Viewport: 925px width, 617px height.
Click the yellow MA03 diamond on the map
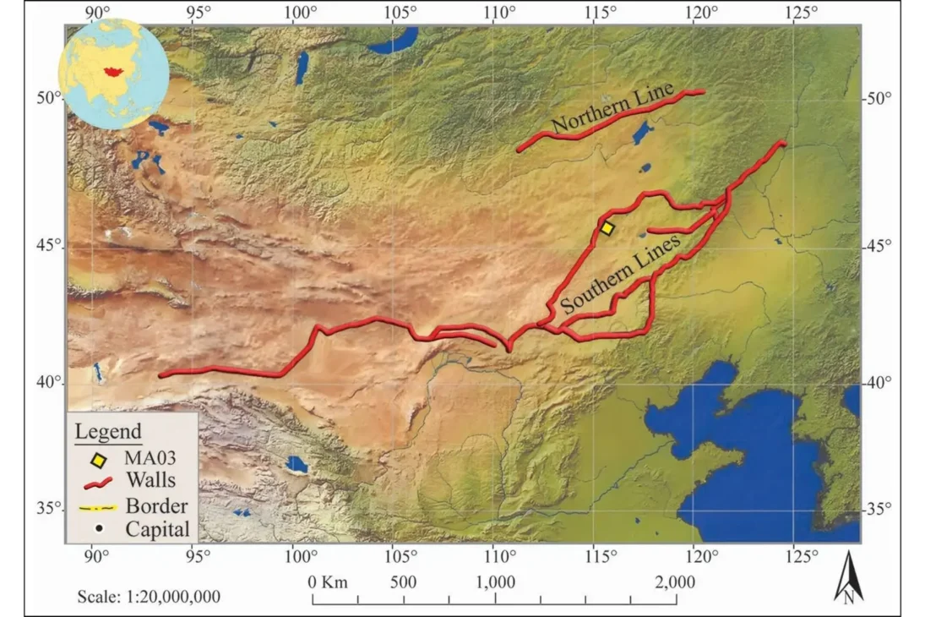pyautogui.click(x=607, y=228)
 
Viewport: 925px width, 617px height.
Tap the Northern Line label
pyautogui.click(x=612, y=109)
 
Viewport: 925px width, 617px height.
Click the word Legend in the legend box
pyautogui.click(x=108, y=432)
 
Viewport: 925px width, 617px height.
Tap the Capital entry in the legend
pyautogui.click(x=158, y=530)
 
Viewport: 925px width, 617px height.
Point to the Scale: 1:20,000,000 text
pyautogui.click(x=149, y=596)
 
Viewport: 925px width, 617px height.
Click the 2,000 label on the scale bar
pyautogui.click(x=675, y=582)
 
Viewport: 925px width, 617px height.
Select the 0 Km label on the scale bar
pyautogui.click(x=327, y=582)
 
